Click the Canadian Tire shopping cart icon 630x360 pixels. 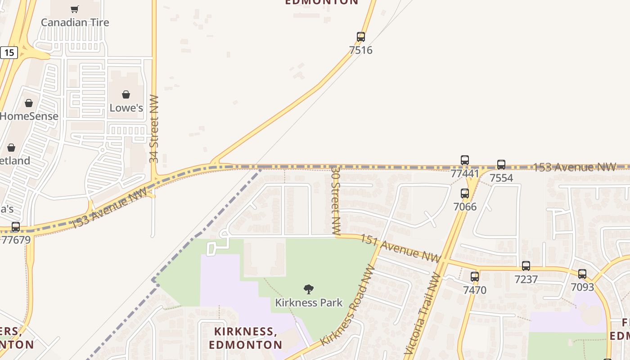[x=75, y=9]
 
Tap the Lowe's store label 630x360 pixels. [x=126, y=108]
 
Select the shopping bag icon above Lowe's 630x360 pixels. [x=126, y=94]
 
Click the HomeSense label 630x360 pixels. [x=29, y=116]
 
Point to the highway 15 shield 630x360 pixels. [x=9, y=53]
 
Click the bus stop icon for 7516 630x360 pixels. [x=361, y=37]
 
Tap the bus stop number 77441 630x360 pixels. [x=465, y=174]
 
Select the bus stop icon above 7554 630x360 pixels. [x=501, y=165]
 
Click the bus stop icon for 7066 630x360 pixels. [x=465, y=193]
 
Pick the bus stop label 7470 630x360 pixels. [x=475, y=290]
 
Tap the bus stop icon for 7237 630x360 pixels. [x=526, y=266]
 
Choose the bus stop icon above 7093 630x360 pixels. [x=582, y=274]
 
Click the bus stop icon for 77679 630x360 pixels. [x=16, y=227]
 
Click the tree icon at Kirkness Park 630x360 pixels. [x=309, y=289]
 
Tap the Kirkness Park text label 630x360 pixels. [x=309, y=303]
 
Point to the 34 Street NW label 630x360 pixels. [x=154, y=129]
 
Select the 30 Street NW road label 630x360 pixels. [x=336, y=201]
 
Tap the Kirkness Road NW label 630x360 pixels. [x=348, y=306]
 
